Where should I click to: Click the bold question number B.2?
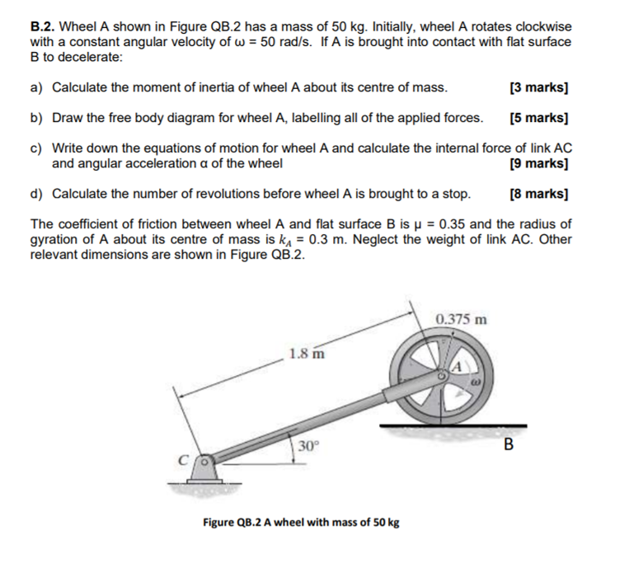[x=42, y=26]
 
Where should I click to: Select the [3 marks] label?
[x=540, y=87]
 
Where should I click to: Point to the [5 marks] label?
[x=540, y=118]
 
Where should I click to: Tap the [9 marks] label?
[x=540, y=163]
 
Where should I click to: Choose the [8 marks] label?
[x=540, y=194]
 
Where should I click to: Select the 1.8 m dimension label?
[x=306, y=354]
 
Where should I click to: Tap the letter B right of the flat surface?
[x=508, y=445]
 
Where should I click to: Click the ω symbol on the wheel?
[x=476, y=382]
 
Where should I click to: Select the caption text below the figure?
[x=301, y=522]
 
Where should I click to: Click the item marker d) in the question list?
[x=36, y=194]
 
